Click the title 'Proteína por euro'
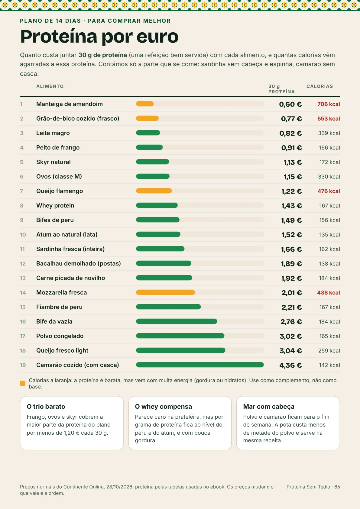[99, 37]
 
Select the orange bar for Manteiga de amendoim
[145, 104]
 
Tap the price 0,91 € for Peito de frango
[291, 148]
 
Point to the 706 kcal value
[329, 104]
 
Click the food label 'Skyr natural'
[54, 162]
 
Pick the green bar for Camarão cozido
[200, 365]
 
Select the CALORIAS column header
[319, 86]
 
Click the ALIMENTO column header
[50, 86]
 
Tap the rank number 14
[23, 293]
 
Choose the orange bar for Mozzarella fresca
[165, 292]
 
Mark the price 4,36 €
[290, 365]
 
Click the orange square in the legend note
[23, 383]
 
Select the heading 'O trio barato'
[46, 407]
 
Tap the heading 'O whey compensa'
[163, 407]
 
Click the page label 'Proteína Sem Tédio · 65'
[313, 487]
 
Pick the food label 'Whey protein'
[55, 205]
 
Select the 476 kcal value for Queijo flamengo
[329, 191]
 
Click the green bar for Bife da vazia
[177, 321]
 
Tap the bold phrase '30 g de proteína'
[102, 55]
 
